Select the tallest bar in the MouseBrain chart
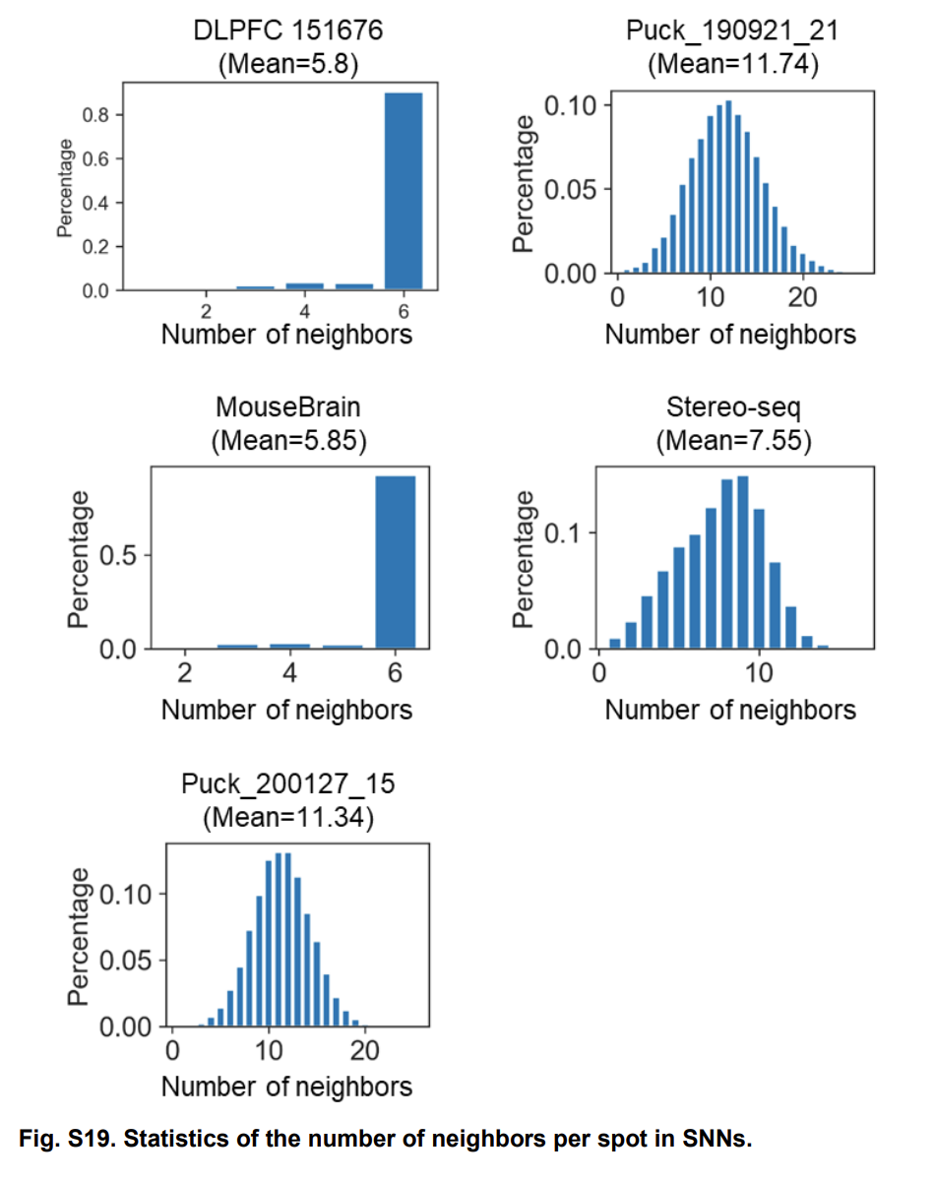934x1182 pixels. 395,562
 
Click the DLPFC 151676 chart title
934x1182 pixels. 286,31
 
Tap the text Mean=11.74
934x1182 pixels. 733,65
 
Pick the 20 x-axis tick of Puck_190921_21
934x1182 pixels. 803,298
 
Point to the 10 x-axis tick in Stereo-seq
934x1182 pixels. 759,675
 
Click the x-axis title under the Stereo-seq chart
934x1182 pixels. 730,710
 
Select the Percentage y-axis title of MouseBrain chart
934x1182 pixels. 80,559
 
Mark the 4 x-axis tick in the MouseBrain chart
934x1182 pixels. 289,675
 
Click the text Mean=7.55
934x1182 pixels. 733,441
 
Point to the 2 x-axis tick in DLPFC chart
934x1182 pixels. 206,312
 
